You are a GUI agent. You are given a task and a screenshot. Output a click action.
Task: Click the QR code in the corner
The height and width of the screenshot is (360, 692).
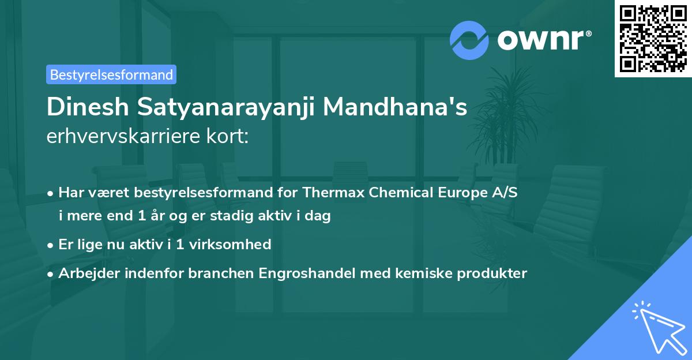(x=653, y=39)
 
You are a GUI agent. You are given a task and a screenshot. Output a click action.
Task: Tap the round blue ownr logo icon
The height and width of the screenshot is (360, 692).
(x=469, y=40)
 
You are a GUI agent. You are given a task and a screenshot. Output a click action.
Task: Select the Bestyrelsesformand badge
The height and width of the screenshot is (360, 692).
(x=111, y=74)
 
